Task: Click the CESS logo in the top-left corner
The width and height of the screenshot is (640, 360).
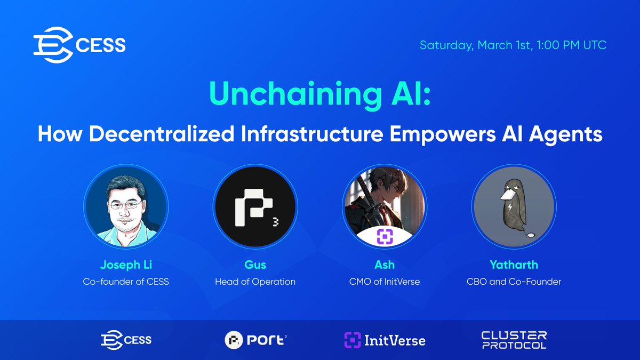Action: (x=79, y=45)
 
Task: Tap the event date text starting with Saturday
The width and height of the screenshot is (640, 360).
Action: (x=513, y=45)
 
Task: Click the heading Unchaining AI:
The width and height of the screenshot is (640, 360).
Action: (x=319, y=95)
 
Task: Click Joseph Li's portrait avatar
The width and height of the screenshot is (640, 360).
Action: (x=126, y=207)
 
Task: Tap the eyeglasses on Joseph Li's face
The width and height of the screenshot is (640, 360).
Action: (x=126, y=205)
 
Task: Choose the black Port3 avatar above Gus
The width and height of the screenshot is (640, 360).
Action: (x=255, y=207)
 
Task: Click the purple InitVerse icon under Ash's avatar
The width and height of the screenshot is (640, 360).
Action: (x=385, y=236)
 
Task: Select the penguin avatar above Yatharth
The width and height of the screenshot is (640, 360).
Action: (x=514, y=207)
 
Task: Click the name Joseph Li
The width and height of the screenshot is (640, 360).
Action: (x=126, y=265)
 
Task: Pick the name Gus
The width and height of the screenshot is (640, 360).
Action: (x=255, y=265)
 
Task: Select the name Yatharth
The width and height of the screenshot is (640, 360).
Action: (x=514, y=265)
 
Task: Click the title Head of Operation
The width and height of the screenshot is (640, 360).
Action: (x=255, y=281)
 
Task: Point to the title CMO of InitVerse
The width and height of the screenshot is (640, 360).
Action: (x=385, y=281)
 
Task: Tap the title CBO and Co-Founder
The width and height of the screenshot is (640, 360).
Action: (x=514, y=281)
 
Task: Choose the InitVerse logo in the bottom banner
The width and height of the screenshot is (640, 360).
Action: (x=385, y=340)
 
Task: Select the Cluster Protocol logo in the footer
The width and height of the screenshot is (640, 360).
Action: (x=514, y=340)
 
